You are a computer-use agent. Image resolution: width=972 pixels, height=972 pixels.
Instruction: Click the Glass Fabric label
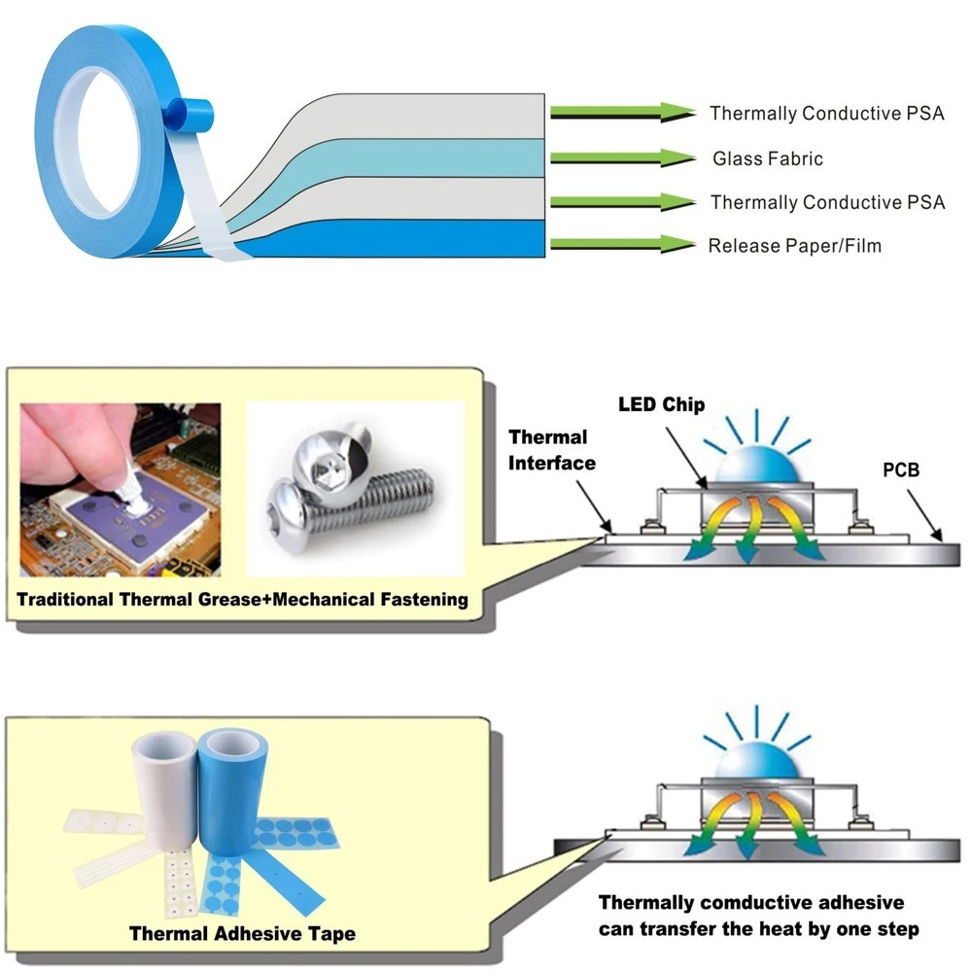[768, 158]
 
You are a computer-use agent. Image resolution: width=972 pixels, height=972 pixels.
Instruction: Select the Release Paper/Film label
[795, 246]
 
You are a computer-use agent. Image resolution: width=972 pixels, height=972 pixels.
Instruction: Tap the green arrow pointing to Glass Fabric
[623, 158]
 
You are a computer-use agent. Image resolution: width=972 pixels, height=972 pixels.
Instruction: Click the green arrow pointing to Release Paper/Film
[623, 244]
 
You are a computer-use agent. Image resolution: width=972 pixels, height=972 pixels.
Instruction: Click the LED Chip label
[661, 404]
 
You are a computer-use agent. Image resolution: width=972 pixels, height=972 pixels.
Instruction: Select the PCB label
[901, 469]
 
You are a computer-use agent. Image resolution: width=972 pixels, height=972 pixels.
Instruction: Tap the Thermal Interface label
[552, 450]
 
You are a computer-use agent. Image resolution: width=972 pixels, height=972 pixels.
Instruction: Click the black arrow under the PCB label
[925, 515]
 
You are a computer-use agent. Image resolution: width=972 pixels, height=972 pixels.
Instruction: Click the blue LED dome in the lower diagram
[756, 759]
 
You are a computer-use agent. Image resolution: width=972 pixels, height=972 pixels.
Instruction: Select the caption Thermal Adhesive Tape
[242, 933]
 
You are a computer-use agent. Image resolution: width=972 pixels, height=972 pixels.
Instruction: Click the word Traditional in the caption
[65, 600]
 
